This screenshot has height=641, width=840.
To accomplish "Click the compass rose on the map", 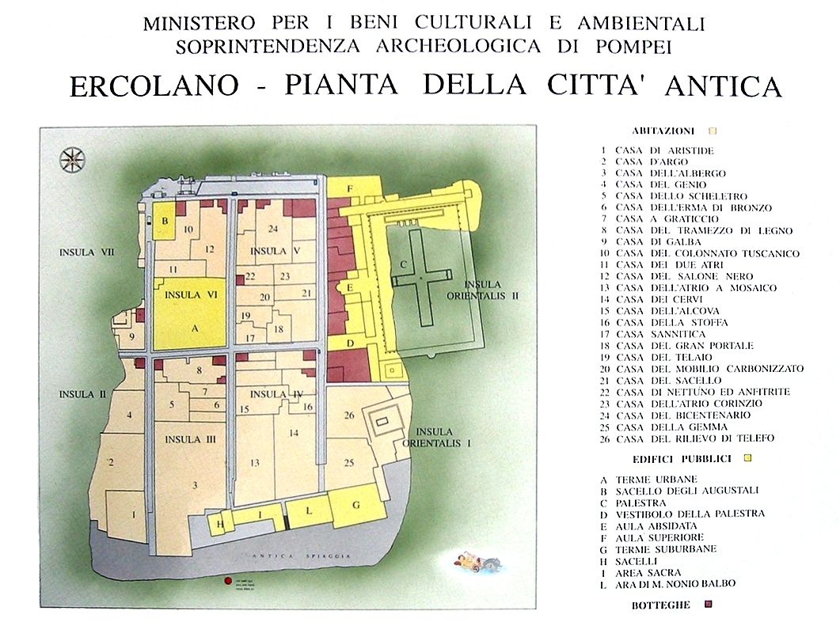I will click(73, 160).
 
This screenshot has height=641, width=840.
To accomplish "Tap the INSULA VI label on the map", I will click(184, 294).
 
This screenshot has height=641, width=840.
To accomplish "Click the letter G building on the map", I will click(358, 506).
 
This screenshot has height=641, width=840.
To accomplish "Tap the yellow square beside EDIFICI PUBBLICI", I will click(747, 457).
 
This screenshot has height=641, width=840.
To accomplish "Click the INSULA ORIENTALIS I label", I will click(438, 437).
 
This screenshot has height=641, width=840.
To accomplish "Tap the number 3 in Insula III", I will click(194, 484).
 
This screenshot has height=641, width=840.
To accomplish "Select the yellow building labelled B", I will click(165, 222).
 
